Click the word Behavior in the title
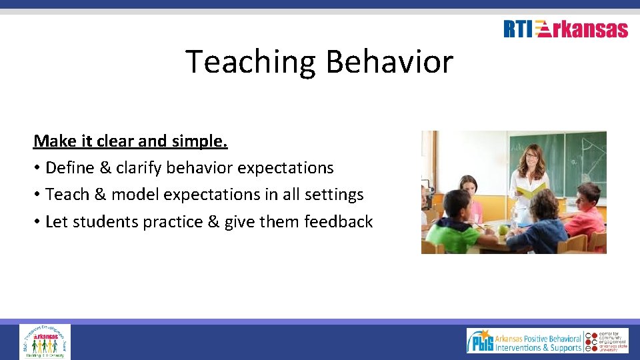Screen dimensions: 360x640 389,62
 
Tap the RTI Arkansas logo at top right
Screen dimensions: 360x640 565,29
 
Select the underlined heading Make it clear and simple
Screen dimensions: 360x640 131,141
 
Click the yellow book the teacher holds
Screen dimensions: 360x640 531,190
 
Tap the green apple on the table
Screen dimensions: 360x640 503,230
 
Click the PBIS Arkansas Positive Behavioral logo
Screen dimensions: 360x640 524,340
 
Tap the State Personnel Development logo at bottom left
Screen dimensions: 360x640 45,341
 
